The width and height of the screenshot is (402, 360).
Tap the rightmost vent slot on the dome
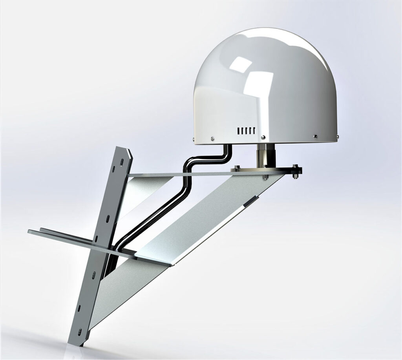click(x=254, y=131)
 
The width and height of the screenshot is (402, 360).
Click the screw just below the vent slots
click(x=263, y=137)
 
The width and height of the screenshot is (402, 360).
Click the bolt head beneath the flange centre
click(x=266, y=179)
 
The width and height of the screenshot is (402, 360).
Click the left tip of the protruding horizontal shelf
click(x=30, y=231)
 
